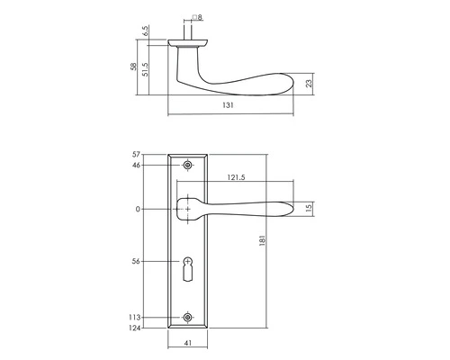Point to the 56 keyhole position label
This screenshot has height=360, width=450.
click(137, 262)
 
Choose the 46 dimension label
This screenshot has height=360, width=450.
click(137, 166)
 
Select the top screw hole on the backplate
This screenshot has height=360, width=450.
click(188, 166)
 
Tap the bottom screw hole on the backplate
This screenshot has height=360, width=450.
click(188, 317)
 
